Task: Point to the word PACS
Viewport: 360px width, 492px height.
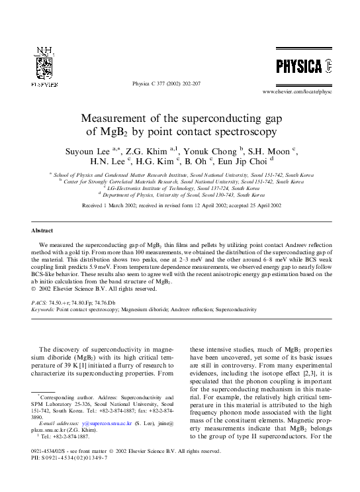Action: [x=39, y=302]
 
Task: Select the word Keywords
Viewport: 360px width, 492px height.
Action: [x=43, y=309]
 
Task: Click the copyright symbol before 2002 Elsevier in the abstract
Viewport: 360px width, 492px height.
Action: [x=34, y=289]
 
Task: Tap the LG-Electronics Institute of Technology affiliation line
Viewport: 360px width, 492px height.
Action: [x=180, y=189]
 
